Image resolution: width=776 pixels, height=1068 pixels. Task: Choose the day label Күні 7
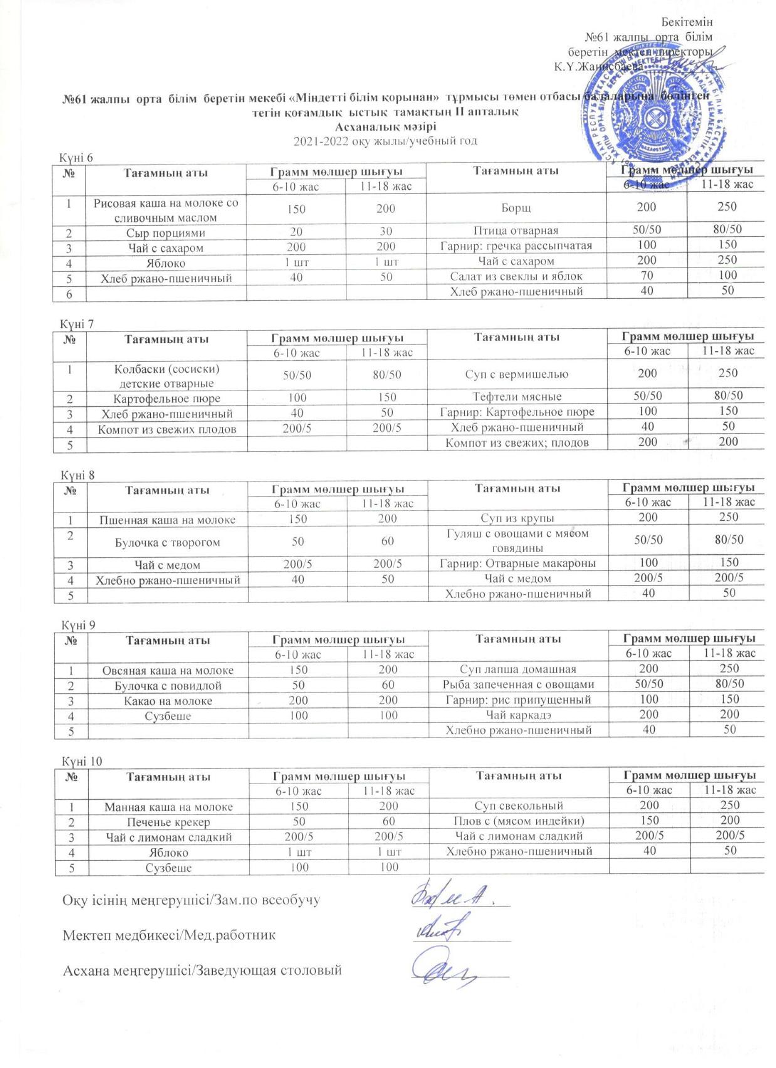point(77,324)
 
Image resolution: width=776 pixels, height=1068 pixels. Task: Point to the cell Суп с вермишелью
point(517,374)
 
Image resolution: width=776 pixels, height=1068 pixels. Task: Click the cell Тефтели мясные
point(517,396)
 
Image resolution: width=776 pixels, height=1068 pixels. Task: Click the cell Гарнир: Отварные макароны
point(518,563)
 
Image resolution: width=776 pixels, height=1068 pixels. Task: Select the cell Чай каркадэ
point(518,715)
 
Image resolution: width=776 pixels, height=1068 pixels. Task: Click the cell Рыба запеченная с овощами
point(518,685)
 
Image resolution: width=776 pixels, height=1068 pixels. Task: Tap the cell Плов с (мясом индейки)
point(518,821)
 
